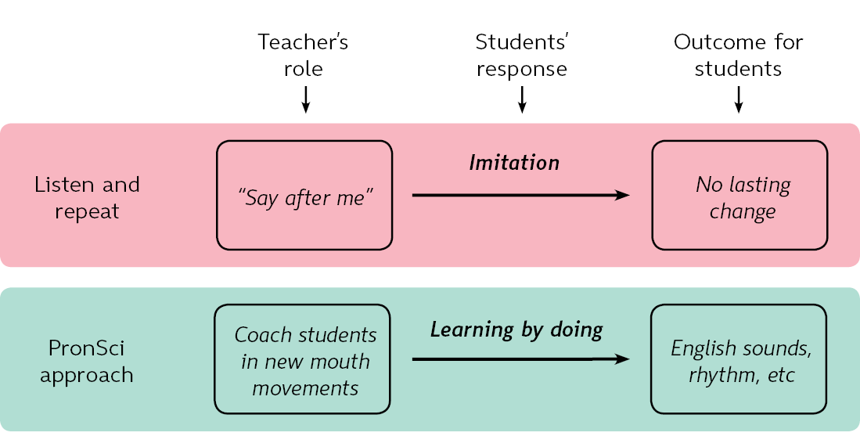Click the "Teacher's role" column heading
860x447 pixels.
(x=304, y=55)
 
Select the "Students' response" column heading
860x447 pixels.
(x=521, y=55)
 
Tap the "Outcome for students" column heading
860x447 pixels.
(x=738, y=55)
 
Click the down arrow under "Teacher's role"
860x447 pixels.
(x=306, y=99)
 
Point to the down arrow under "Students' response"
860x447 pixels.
(x=522, y=99)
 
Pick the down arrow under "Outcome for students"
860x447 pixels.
(x=738, y=99)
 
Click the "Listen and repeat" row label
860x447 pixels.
(x=87, y=197)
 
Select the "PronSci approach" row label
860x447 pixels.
(x=87, y=360)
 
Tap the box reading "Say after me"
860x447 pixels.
(x=304, y=195)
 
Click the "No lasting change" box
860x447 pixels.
(x=739, y=195)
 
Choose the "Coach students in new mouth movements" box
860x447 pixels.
(x=302, y=359)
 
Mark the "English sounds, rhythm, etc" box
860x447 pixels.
(x=739, y=359)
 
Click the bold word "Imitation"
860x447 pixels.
(x=514, y=163)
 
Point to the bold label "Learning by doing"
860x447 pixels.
(x=516, y=330)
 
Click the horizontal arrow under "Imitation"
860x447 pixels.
(x=520, y=195)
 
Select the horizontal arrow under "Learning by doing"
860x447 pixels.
(x=520, y=359)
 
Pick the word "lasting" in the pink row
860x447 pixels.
(x=759, y=186)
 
